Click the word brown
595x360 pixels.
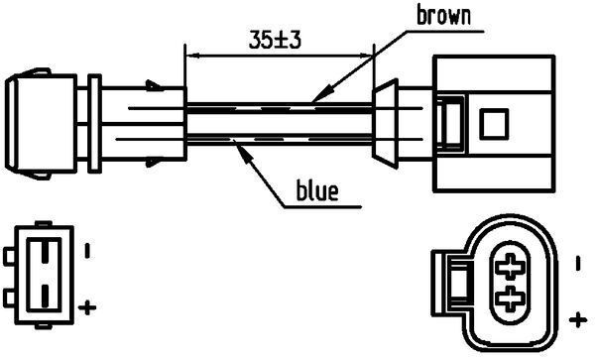pyautogui.click(x=443, y=16)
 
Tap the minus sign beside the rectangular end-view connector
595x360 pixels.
pyautogui.click(x=87, y=250)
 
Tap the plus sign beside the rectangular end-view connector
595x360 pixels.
pyautogui.click(x=87, y=306)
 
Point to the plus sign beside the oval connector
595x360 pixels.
pyautogui.click(x=577, y=318)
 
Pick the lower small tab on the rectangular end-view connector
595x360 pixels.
pyautogui.click(x=9, y=298)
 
